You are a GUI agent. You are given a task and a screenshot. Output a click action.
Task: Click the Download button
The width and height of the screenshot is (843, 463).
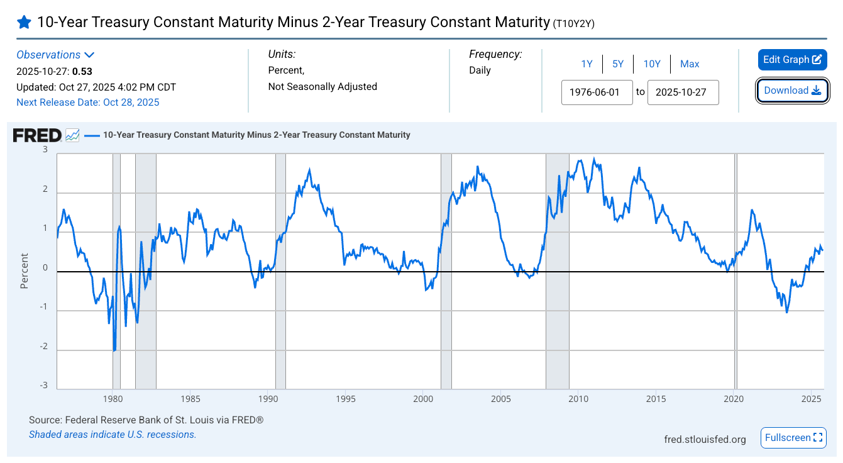(x=792, y=91)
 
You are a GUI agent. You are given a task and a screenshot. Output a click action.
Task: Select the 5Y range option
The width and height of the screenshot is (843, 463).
(x=618, y=64)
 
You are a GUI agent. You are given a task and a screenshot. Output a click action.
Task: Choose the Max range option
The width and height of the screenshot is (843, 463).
(x=690, y=64)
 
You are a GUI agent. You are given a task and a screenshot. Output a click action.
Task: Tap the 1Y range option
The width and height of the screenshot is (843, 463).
(x=587, y=64)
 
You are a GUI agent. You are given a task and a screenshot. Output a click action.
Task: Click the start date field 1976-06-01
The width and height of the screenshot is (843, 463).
(x=597, y=92)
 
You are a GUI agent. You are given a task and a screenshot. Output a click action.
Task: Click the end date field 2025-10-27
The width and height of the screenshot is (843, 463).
(x=683, y=92)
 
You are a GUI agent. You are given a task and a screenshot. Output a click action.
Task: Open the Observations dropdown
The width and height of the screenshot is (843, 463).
(x=55, y=55)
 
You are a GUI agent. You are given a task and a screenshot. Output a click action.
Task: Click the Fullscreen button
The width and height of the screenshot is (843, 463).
(x=793, y=438)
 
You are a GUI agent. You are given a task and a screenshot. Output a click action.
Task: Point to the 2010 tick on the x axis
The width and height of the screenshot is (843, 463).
(x=578, y=399)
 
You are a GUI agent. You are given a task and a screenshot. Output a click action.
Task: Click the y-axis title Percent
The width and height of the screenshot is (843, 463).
(x=25, y=271)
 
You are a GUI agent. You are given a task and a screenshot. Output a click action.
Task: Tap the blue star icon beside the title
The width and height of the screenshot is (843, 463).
(x=24, y=23)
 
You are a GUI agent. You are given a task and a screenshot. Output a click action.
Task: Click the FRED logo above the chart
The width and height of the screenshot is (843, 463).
(x=37, y=135)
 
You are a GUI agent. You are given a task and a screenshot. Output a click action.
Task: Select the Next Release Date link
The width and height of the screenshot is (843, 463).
(x=88, y=102)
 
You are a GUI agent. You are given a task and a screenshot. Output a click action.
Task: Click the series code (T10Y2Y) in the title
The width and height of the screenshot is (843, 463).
(x=573, y=24)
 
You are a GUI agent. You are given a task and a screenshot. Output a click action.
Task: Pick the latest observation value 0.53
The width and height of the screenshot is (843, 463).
(x=82, y=71)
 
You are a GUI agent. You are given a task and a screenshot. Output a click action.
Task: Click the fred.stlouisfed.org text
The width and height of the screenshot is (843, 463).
(x=705, y=439)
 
